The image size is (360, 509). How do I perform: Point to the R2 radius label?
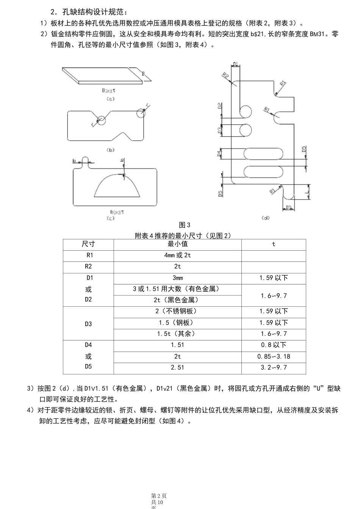click(x=226, y=76)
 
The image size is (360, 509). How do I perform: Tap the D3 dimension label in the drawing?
click(x=220, y=131)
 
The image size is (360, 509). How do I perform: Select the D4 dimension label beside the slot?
click(x=219, y=154)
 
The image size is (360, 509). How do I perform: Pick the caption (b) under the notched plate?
click(x=110, y=150)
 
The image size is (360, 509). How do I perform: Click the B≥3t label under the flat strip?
click(x=109, y=91)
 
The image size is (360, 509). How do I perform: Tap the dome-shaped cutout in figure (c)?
click(x=117, y=186)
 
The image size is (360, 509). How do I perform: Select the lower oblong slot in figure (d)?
click(x=263, y=172)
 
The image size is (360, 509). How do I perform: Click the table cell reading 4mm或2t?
click(x=177, y=256)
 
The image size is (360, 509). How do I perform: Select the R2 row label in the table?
click(x=88, y=267)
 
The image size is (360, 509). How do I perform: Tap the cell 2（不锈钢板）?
click(x=177, y=311)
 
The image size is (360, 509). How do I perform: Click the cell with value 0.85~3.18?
click(x=274, y=356)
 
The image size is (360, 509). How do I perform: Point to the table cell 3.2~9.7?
click(x=274, y=367)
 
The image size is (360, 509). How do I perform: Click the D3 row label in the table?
click(x=88, y=324)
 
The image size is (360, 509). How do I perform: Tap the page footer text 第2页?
click(x=159, y=496)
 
